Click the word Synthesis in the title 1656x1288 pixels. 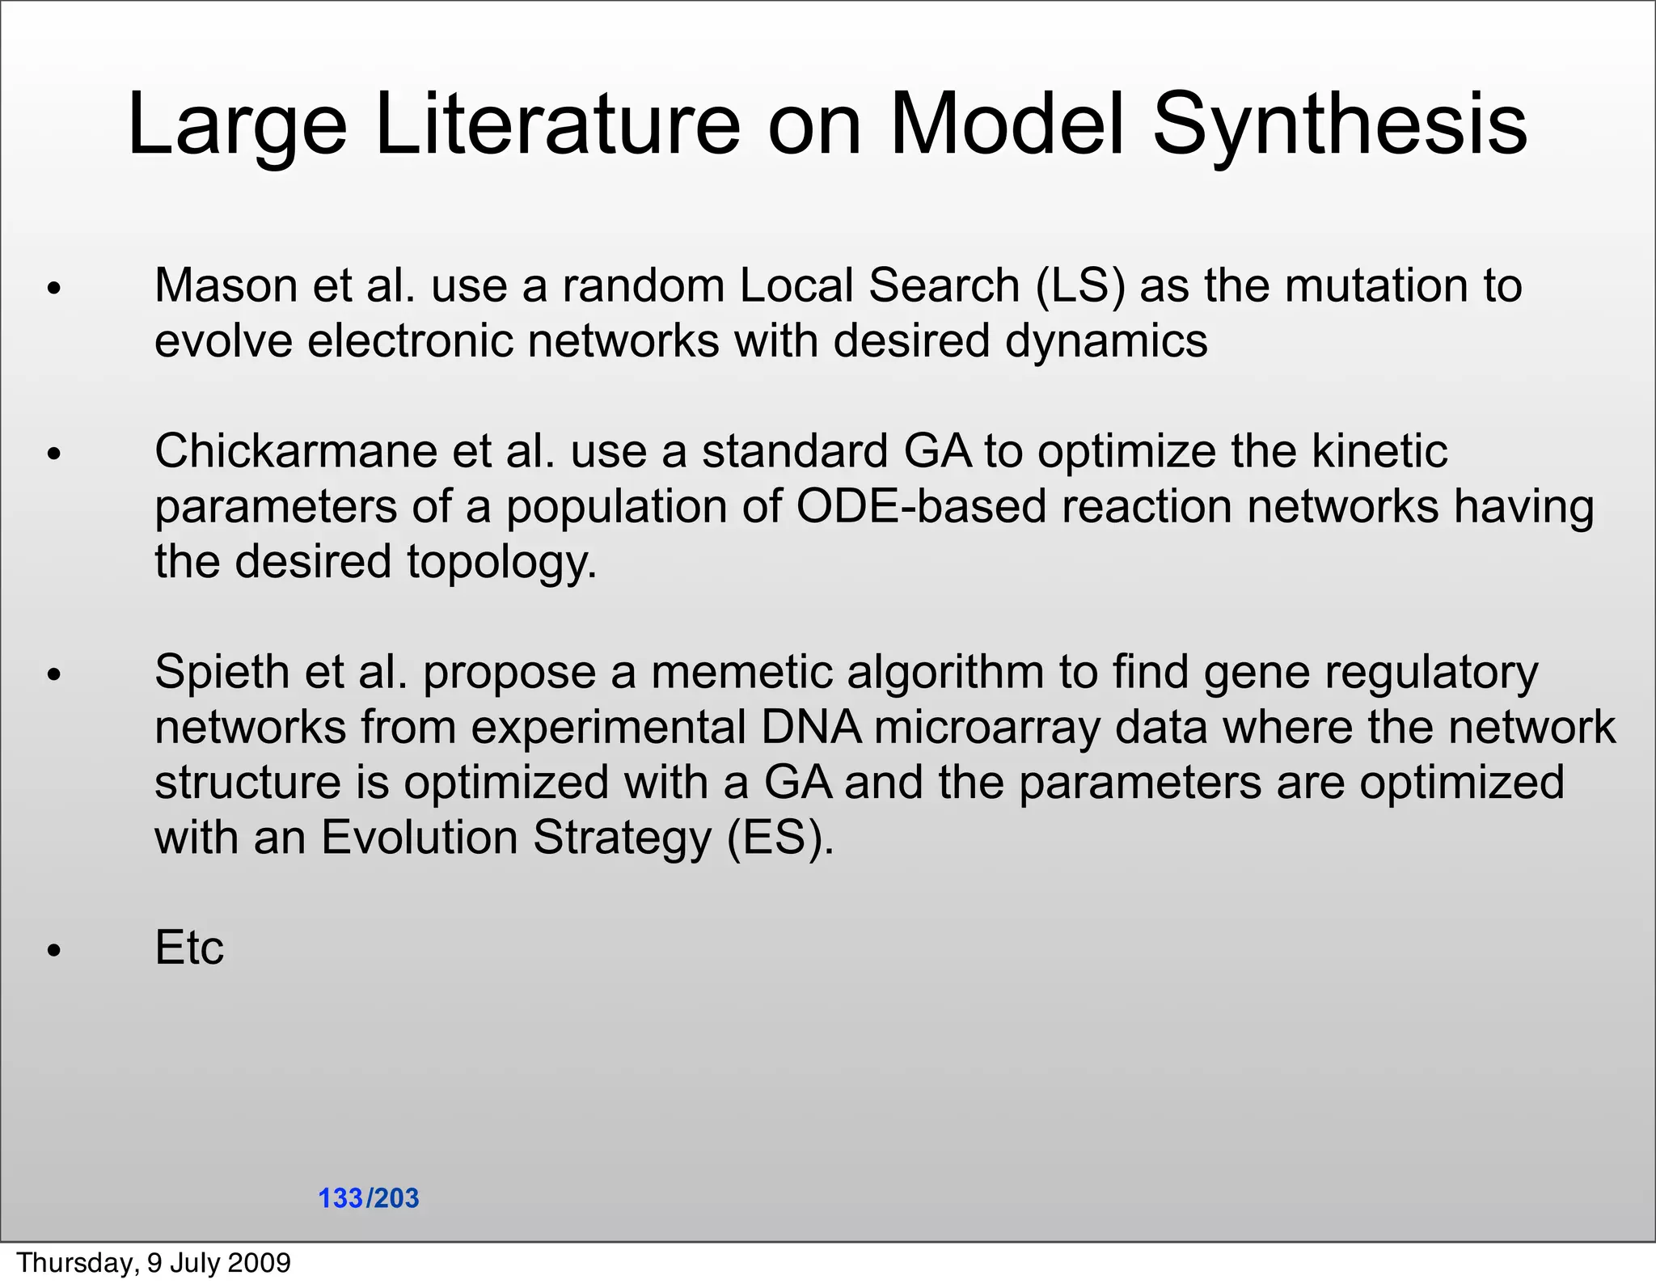tap(1339, 125)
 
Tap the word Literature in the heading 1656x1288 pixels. tap(557, 125)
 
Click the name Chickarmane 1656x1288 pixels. tap(296, 451)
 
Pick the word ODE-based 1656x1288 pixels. tap(922, 507)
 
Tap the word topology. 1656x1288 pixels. tap(501, 563)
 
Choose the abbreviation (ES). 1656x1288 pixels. tap(779, 838)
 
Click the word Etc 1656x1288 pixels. tap(189, 948)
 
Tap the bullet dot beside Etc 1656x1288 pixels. tap(54, 951)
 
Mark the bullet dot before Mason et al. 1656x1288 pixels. tap(54, 289)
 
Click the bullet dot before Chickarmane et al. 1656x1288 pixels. tap(54, 454)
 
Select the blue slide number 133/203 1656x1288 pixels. tap(369, 1198)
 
